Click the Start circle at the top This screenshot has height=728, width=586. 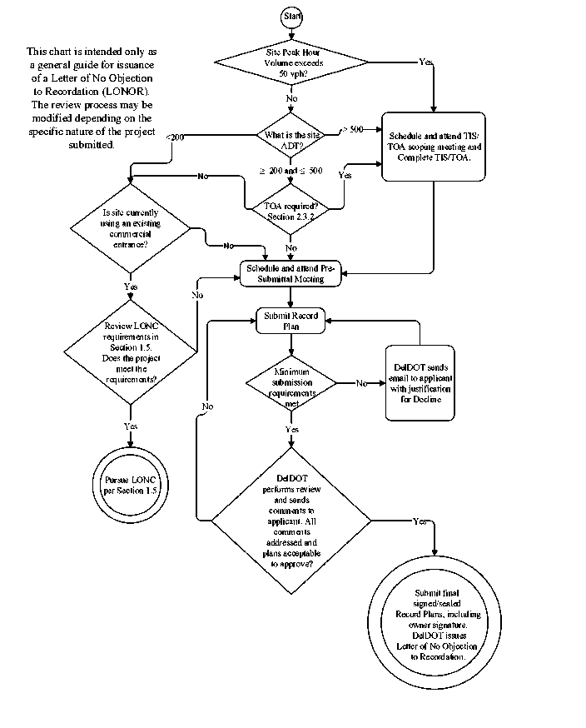point(292,16)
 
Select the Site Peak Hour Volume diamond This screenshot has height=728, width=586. point(291,62)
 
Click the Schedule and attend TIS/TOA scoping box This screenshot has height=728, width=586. point(434,146)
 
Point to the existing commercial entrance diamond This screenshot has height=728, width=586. point(130,229)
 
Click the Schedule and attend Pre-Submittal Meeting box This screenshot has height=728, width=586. point(291,274)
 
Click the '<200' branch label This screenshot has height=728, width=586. point(176,137)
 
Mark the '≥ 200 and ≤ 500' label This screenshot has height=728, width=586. point(291,171)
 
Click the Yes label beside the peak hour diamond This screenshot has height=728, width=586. point(425,62)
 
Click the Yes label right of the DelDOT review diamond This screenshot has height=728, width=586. point(420,521)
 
